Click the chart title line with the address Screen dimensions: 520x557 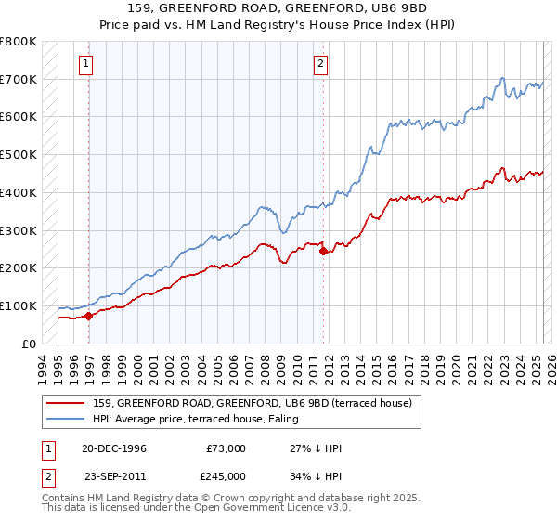tap(278, 7)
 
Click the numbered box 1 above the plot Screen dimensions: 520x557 tap(85, 64)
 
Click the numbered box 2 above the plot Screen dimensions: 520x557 tap(320, 64)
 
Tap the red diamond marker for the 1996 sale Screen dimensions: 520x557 tap(89, 316)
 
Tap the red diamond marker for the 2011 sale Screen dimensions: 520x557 tap(323, 251)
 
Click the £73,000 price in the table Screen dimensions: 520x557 tap(227, 448)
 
